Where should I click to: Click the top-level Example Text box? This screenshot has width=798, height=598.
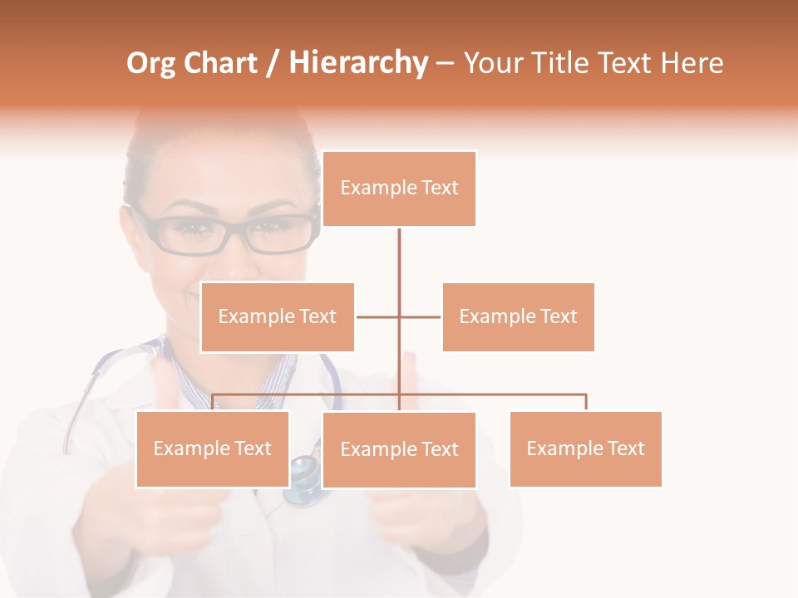[399, 189]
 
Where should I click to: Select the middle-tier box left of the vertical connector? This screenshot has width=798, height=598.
[278, 316]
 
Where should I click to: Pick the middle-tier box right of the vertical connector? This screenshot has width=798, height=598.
[518, 316]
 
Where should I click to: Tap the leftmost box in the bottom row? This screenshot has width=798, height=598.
[213, 448]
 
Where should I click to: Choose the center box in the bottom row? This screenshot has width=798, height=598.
[399, 449]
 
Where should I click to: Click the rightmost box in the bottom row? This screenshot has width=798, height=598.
[585, 448]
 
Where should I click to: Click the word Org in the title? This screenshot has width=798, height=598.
[150, 63]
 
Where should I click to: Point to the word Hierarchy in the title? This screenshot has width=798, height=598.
[358, 63]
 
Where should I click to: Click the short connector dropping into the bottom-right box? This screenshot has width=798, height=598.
[586, 402]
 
